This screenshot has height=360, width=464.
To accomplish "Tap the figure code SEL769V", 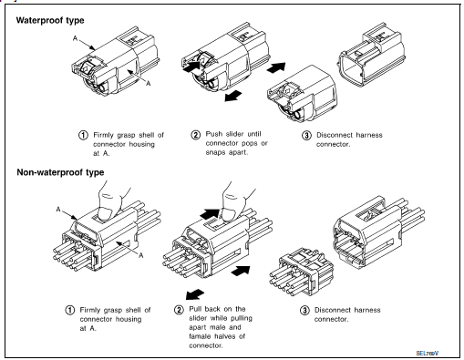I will tap(440, 349).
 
